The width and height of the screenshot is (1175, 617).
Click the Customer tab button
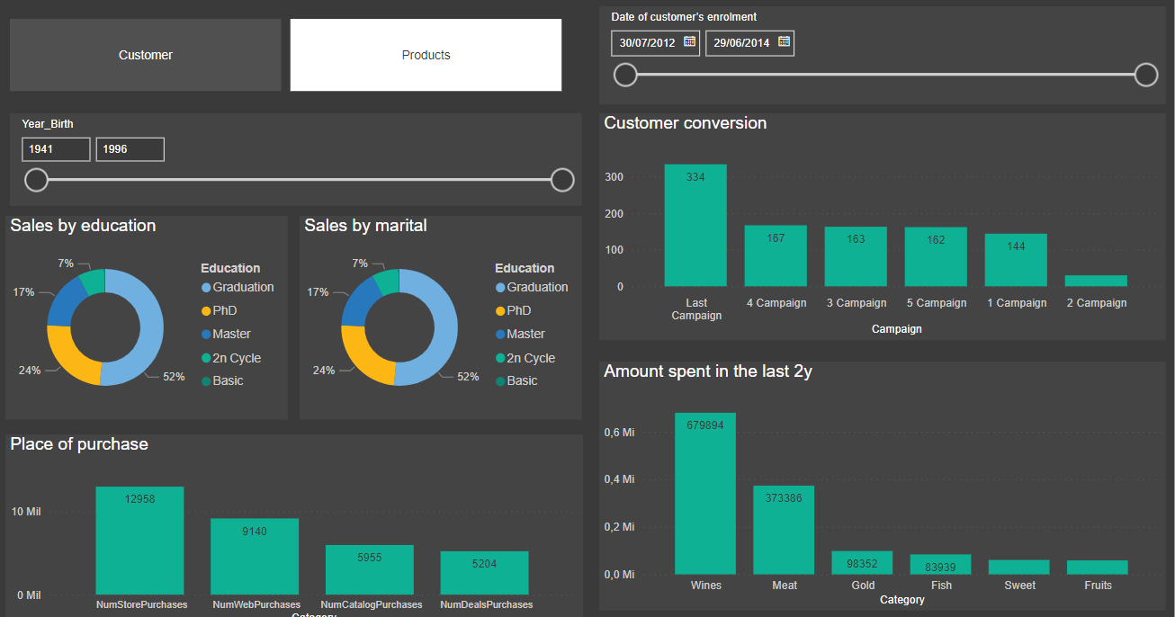(145, 55)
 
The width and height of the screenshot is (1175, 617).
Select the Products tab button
(426, 55)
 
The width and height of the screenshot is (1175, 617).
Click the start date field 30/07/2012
(647, 42)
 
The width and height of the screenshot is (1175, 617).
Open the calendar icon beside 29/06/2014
(784, 41)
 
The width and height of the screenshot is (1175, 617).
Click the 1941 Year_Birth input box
(56, 149)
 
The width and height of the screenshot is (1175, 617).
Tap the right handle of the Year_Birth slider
(562, 180)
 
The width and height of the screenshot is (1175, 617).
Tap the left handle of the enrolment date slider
(625, 75)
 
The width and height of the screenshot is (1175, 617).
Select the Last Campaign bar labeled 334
(695, 225)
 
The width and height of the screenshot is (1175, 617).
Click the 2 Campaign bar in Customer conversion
(1096, 281)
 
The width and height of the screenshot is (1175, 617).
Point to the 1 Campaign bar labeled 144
(1016, 260)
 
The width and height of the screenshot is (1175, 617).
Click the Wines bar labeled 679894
(705, 493)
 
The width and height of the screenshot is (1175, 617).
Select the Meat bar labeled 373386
(784, 530)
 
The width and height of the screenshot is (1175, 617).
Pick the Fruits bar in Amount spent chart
(1097, 568)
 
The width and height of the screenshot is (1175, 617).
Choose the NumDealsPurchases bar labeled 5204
(484, 573)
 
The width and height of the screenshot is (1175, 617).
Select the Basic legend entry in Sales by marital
(521, 380)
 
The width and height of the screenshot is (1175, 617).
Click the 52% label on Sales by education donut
(174, 377)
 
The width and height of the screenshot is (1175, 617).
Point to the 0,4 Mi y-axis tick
(619, 479)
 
